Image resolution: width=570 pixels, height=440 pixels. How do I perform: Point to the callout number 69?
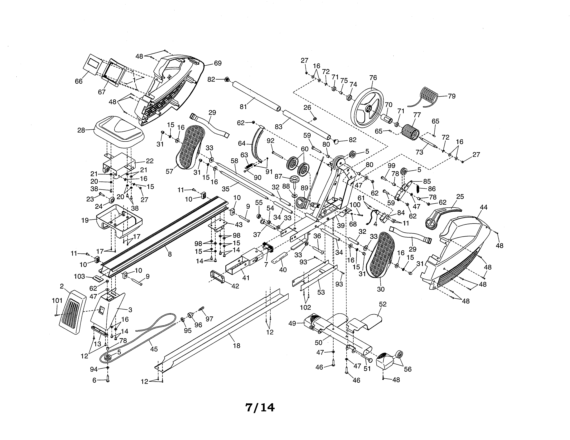pyautogui.click(x=217, y=63)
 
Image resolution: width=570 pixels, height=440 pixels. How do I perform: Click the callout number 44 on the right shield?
pyautogui.click(x=483, y=207)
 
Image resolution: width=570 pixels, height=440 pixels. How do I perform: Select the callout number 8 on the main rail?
pyautogui.click(x=170, y=254)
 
